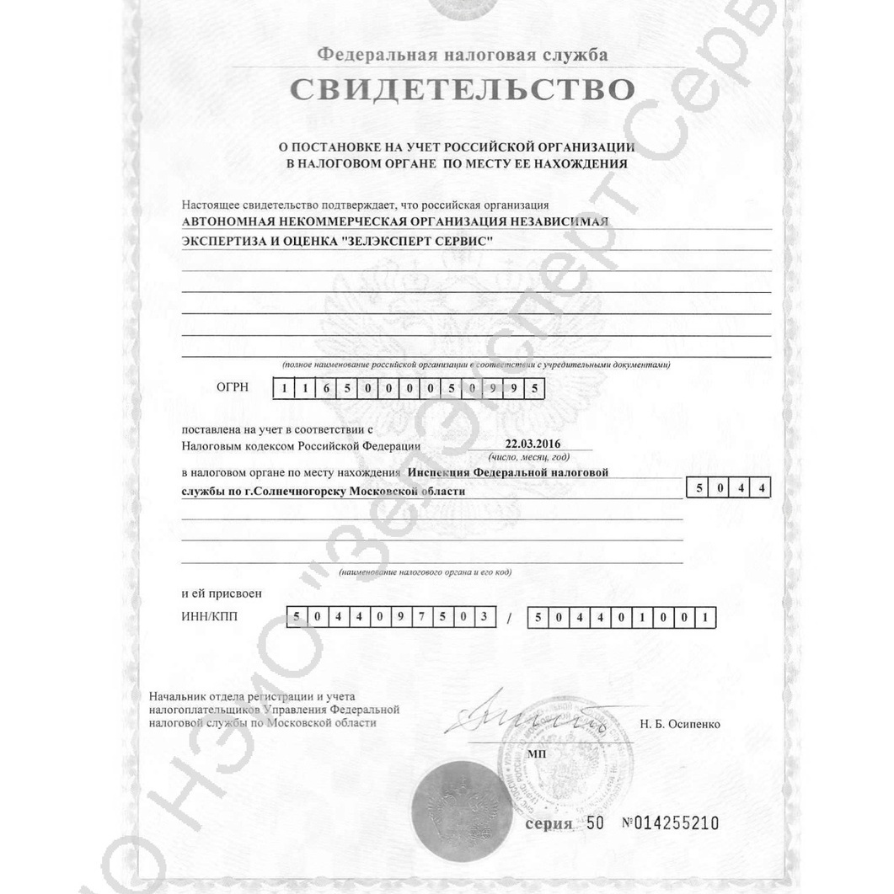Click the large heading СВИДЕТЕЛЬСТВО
pyautogui.click(x=462, y=90)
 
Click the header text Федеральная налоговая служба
pyautogui.click(x=462, y=56)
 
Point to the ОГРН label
pyautogui.click(x=233, y=388)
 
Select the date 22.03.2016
pyautogui.click(x=533, y=444)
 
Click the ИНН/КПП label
pyautogui.click(x=210, y=617)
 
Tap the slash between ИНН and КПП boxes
pyautogui.click(x=509, y=619)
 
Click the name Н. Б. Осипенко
pyautogui.click(x=681, y=724)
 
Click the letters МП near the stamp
pyautogui.click(x=536, y=754)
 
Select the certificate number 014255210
pyautogui.click(x=676, y=823)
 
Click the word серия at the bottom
pyautogui.click(x=549, y=823)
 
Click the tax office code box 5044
pyautogui.click(x=728, y=488)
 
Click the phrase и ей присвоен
pyautogui.click(x=222, y=593)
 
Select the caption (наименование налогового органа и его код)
pyautogui.click(x=425, y=572)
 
